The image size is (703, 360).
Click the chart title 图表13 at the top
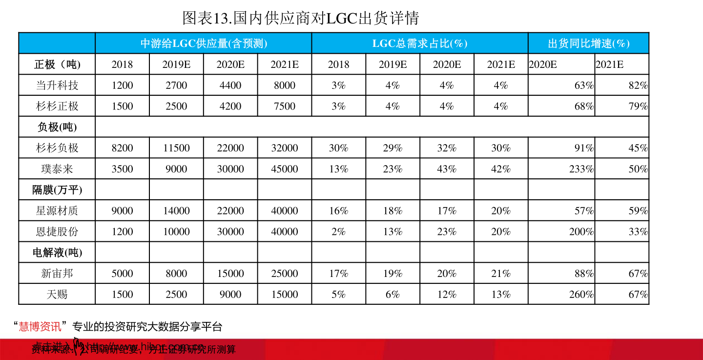coord(301,18)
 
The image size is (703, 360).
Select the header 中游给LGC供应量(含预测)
coord(204,43)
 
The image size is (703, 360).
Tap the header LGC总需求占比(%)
coord(420,43)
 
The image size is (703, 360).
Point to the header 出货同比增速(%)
coord(588,43)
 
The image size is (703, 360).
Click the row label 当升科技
coord(57,85)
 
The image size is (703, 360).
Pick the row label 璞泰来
coord(57,169)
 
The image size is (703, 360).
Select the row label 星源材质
coord(57,211)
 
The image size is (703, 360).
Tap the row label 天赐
coord(57,295)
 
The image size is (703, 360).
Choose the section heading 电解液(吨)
coord(57,253)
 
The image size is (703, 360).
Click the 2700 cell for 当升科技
coord(176,85)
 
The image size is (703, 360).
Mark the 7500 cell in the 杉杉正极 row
coord(285,106)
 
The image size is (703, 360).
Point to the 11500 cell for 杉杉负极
coord(176,148)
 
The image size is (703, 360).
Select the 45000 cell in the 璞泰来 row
coord(285,169)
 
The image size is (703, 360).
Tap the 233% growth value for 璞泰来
coord(581,169)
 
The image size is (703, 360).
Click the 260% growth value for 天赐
coord(581,295)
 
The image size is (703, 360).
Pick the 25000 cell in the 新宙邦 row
coord(285,274)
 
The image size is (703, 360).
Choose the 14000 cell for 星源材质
coord(176,211)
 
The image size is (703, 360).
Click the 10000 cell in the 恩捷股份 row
coord(176,232)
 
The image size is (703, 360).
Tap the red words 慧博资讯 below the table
coord(40,326)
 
